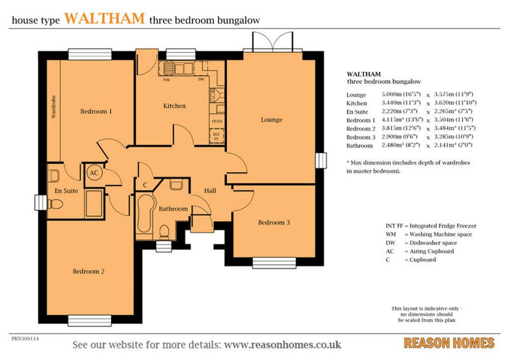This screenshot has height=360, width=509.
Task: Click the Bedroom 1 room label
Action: click(96, 111)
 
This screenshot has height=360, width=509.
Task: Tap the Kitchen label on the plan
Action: click(174, 106)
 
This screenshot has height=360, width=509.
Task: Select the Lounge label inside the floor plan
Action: click(272, 120)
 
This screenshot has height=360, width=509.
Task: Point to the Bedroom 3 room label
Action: click(274, 222)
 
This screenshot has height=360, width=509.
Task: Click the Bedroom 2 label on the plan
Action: click(88, 271)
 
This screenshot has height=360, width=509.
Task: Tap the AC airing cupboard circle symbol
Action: click(94, 173)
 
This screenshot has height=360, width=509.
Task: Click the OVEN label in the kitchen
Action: click(217, 121)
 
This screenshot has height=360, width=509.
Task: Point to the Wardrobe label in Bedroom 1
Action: click(54, 107)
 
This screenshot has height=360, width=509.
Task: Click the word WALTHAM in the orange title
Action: click(104, 18)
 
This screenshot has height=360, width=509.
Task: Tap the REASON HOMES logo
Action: click(449, 343)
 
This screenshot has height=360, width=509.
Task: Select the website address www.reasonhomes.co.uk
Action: click(282, 345)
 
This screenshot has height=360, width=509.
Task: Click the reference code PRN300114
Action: click(25, 339)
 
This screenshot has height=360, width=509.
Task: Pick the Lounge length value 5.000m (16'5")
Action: click(401, 94)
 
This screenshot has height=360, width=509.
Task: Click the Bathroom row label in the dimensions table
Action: click(359, 146)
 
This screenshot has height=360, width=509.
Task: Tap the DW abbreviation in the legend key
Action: click(391, 243)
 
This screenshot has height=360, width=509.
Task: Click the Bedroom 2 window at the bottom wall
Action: click(90, 321)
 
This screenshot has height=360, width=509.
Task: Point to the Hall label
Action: click(210, 190)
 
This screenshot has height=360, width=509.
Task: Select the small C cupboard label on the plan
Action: click(145, 184)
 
